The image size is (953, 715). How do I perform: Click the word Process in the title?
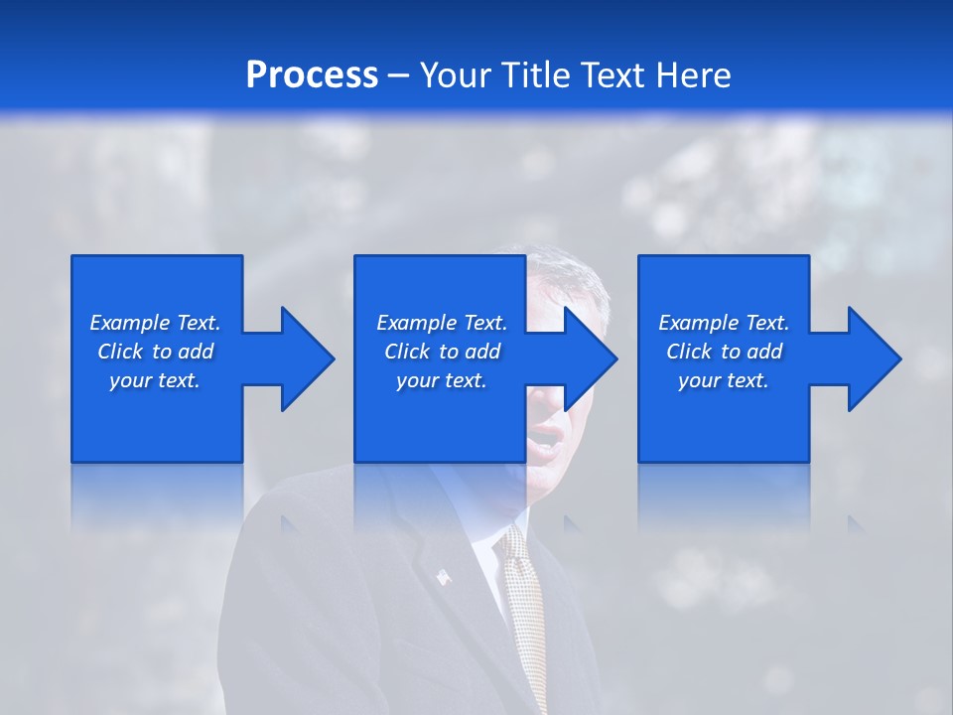[x=312, y=75]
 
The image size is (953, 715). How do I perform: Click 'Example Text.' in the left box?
[x=155, y=323]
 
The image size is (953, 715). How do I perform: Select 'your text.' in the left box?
[x=155, y=380]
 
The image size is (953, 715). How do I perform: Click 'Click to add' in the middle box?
[x=442, y=352]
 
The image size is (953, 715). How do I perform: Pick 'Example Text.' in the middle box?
[x=442, y=323]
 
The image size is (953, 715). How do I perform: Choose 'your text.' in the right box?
[x=723, y=380]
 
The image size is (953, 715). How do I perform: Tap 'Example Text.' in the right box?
[x=723, y=323]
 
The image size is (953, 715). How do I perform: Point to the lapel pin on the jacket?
[x=443, y=575]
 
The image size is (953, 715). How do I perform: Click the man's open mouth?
[x=544, y=437]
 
